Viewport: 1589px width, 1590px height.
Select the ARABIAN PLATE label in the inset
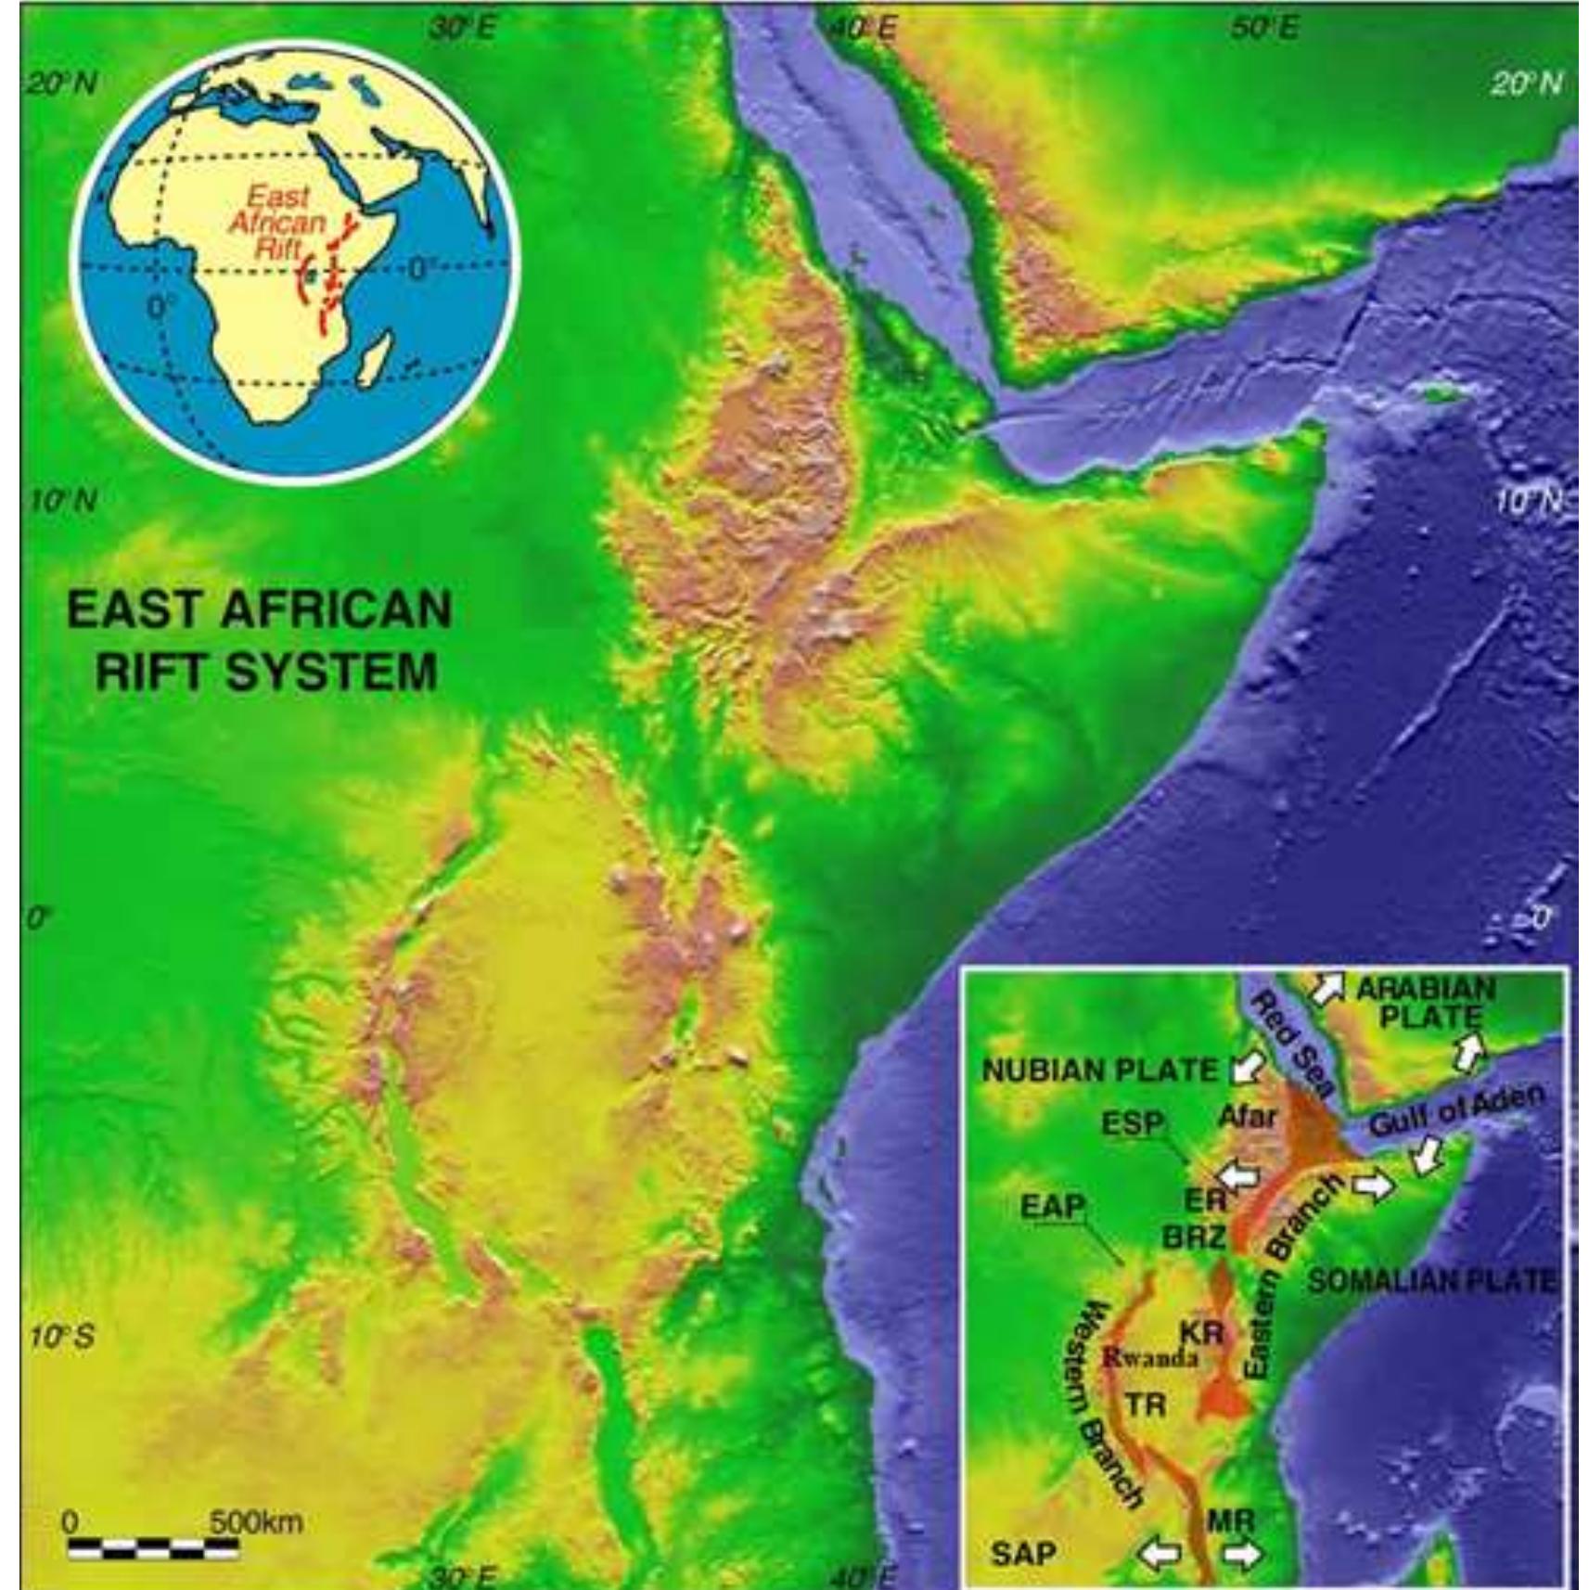(x=1426, y=1002)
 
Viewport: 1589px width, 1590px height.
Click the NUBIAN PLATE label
(x=1099, y=1071)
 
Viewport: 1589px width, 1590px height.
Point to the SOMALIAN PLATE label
(x=1430, y=1281)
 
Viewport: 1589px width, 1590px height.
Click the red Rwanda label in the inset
(x=1150, y=1358)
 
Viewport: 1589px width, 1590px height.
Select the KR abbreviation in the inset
(x=1202, y=1333)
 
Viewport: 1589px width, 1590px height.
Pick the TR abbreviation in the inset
(x=1146, y=1404)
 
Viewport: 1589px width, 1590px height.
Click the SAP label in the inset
(x=1023, y=1552)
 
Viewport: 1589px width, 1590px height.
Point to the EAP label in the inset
(x=1053, y=1206)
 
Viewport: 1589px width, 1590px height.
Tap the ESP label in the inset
(x=1133, y=1123)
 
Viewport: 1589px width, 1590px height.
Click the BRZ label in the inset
(x=1195, y=1237)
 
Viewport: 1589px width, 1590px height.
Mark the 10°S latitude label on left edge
(x=62, y=1337)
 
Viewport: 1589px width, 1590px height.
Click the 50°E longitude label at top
(x=1264, y=28)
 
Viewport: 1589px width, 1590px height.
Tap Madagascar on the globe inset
(x=375, y=360)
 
